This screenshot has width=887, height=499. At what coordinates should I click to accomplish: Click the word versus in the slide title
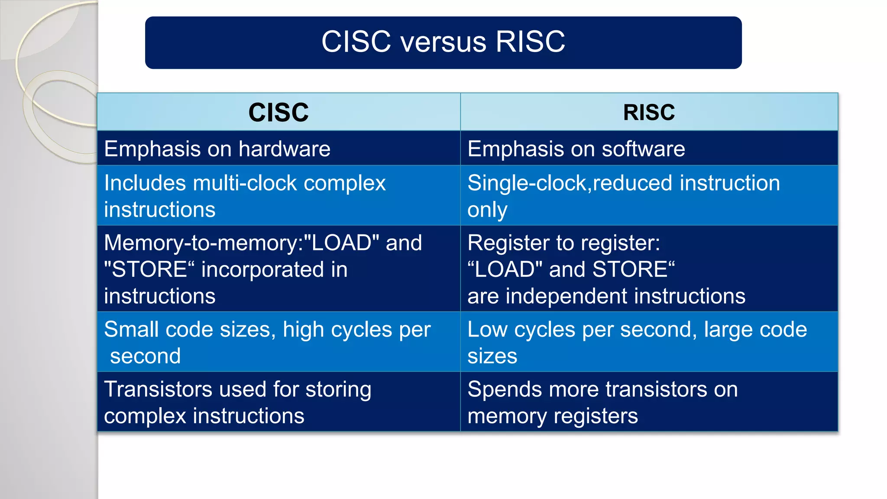(443, 42)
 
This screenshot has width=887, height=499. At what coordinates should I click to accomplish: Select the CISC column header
(278, 112)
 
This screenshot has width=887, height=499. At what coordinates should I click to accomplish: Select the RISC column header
(649, 112)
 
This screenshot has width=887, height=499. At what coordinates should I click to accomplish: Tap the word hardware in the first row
(284, 149)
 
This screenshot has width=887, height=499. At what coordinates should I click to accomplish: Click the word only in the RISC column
(487, 210)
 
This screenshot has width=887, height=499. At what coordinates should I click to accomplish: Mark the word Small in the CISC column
(132, 330)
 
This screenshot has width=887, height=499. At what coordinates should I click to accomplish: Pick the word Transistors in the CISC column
(159, 389)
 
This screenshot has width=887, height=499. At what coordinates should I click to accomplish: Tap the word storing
(338, 389)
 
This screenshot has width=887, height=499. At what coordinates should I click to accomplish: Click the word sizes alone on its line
(492, 356)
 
